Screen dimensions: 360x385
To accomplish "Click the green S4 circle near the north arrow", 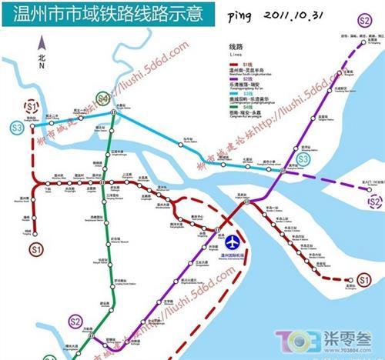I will coord(102,98).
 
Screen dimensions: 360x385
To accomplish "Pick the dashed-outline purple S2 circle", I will coord(374,202).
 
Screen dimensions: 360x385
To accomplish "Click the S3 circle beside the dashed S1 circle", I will coord(18,127).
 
